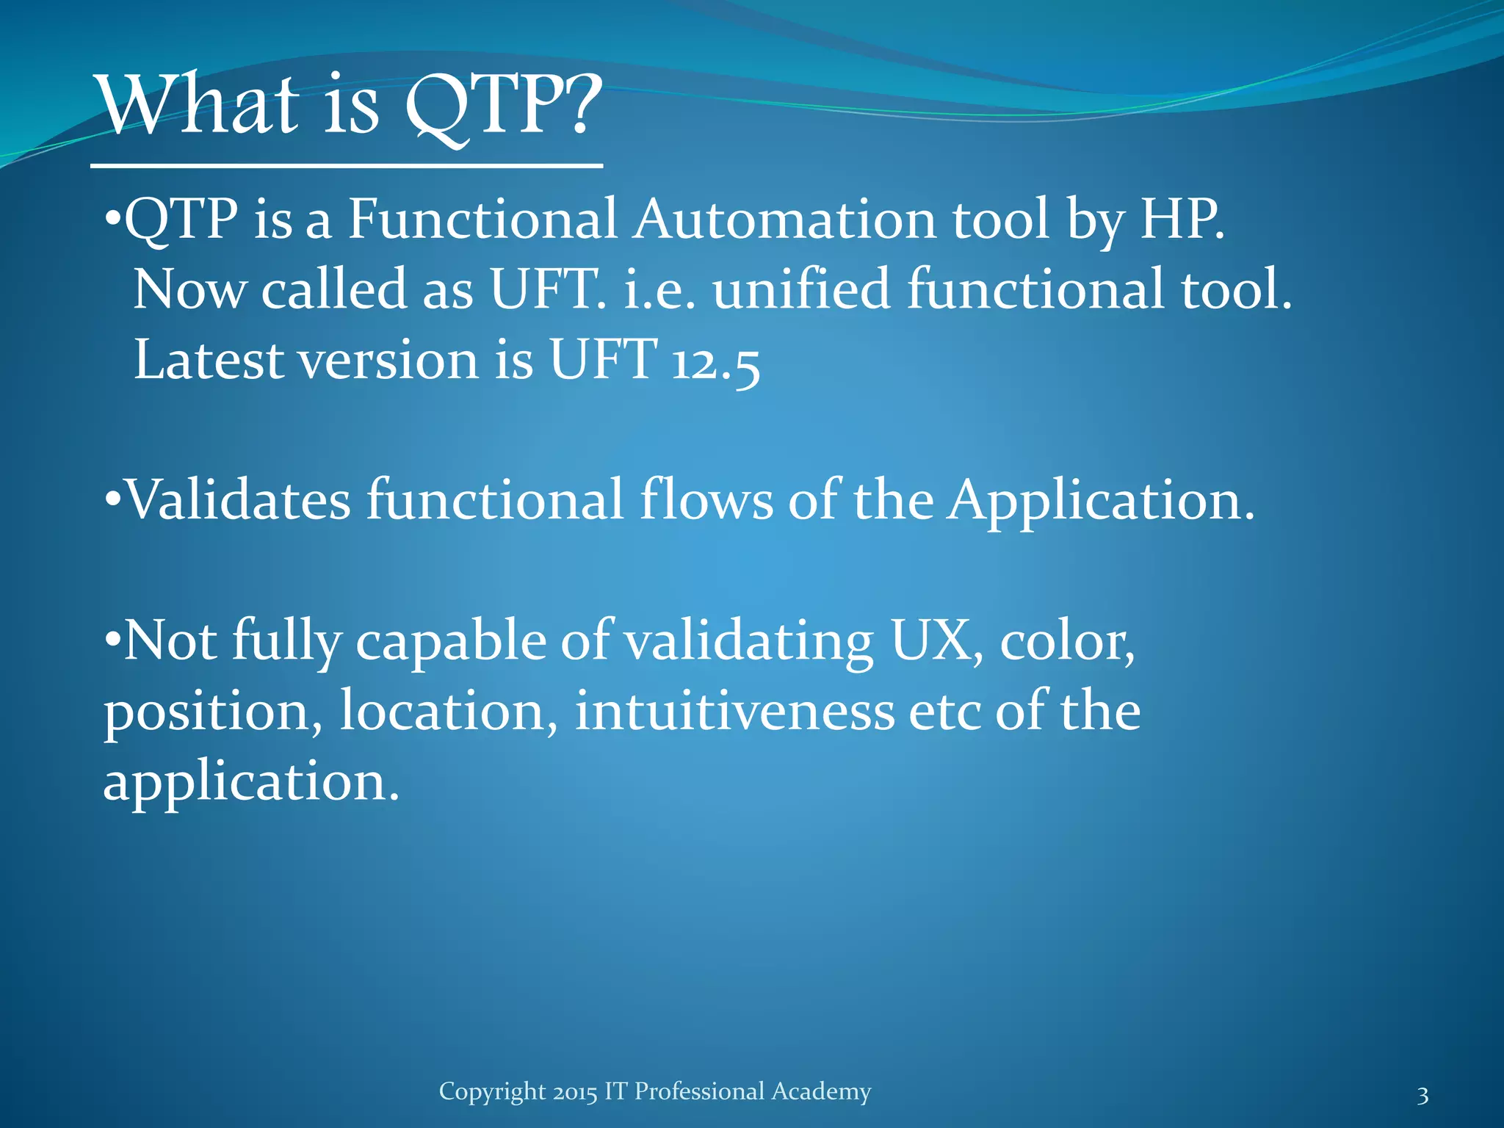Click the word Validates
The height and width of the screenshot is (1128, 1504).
tap(239, 500)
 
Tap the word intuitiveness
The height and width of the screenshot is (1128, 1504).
tap(734, 712)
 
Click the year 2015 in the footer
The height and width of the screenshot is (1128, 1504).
tap(575, 1092)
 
